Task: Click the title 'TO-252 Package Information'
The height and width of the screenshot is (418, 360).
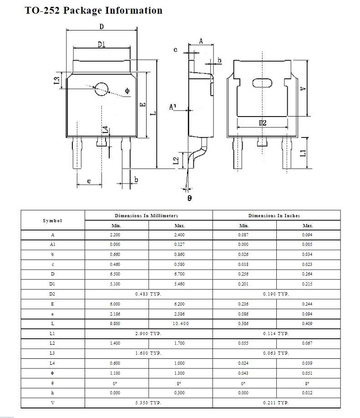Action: point(93,10)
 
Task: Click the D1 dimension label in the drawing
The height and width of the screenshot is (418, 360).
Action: point(101,44)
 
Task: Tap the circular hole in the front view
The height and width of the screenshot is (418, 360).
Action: point(101,89)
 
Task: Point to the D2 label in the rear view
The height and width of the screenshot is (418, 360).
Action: point(263,123)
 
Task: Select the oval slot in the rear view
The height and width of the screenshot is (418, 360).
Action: point(262,83)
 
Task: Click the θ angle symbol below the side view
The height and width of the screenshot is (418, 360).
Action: point(190,198)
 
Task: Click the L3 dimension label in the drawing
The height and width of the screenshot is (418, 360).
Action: point(57,79)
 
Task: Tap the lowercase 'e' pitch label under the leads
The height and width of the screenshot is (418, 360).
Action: point(89,181)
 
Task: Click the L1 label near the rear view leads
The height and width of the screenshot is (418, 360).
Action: point(303,153)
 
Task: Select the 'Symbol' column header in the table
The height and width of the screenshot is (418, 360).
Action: point(52,220)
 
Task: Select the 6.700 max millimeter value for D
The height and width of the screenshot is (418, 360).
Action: point(179,274)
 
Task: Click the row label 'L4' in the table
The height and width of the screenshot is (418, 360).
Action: point(52,363)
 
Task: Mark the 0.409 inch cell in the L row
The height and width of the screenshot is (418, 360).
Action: point(308,323)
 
